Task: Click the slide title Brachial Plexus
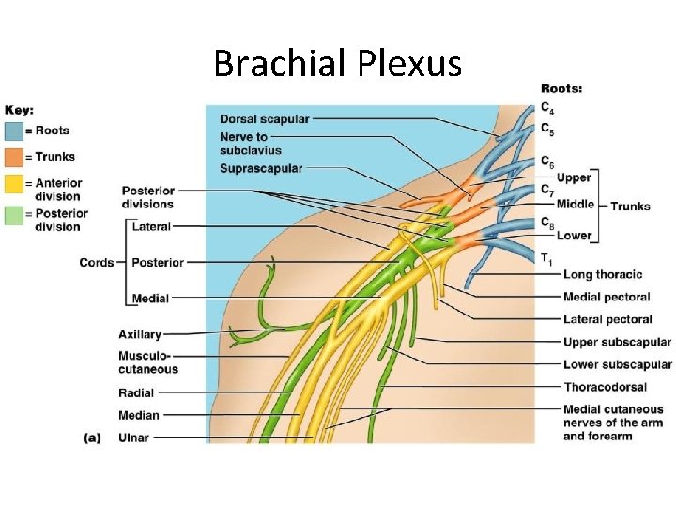(338, 64)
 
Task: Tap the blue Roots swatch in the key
(15, 131)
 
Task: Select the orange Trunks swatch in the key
(15, 157)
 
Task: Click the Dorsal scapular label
(264, 119)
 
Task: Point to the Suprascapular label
(260, 168)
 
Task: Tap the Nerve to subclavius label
(250, 143)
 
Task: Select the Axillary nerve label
(140, 334)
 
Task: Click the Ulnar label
(133, 437)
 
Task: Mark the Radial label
(136, 393)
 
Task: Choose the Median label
(138, 415)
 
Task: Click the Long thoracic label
(603, 274)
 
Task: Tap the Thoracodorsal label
(606, 387)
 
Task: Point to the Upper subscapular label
(617, 342)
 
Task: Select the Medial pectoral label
(607, 297)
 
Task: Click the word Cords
(97, 263)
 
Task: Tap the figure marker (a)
(92, 438)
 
